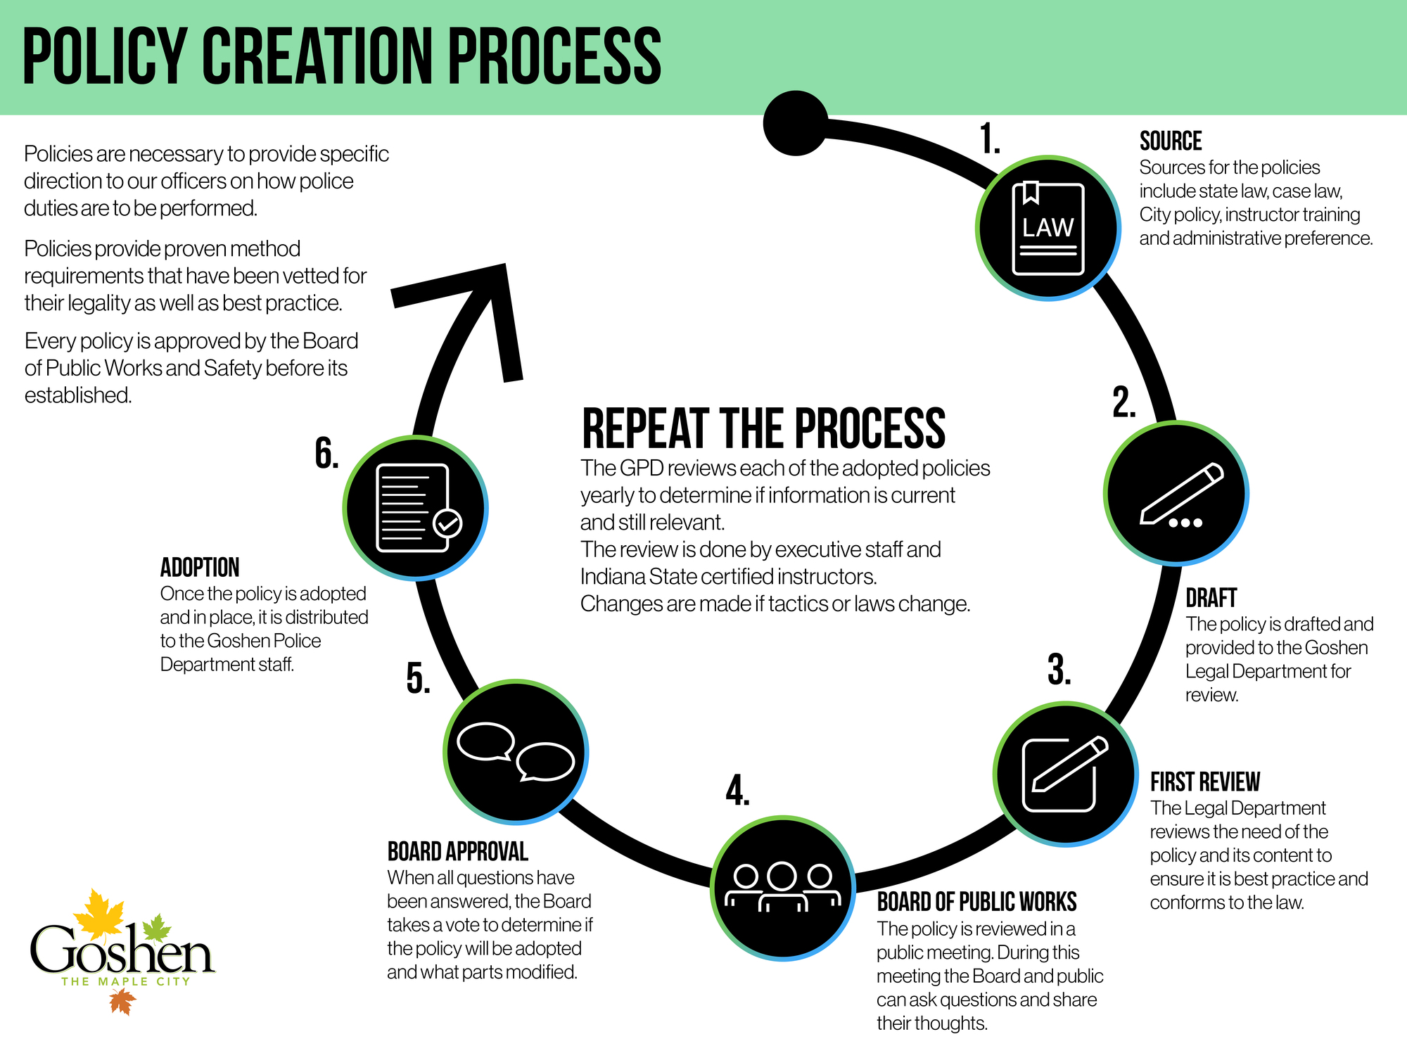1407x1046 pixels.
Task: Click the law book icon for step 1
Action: point(1048,228)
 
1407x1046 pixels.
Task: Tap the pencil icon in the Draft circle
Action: point(1181,495)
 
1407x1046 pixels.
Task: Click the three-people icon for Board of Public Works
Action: point(783,887)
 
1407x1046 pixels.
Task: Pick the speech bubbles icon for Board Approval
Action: point(516,751)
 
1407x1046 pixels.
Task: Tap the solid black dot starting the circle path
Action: point(796,123)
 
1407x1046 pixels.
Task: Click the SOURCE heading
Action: point(1171,141)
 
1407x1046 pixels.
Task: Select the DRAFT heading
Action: point(1211,598)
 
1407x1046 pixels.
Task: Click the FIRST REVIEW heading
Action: point(1205,782)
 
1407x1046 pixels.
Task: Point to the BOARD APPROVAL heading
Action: point(458,852)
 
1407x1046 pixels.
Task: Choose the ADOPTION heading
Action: point(200,568)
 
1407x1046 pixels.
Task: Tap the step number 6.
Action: point(327,453)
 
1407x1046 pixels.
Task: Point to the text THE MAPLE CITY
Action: point(126,981)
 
